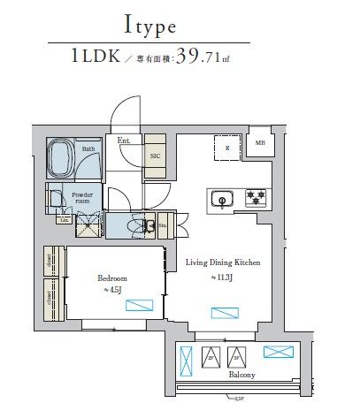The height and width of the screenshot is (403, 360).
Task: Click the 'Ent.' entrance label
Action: coord(123,140)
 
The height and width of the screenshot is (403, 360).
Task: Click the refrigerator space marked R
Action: coord(227,148)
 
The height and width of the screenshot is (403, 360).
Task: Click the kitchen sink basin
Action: coord(222,200)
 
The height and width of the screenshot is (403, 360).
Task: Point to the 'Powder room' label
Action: coord(74,197)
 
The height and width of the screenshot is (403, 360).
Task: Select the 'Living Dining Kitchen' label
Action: coord(222,262)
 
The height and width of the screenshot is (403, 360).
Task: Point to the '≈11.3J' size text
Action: coord(221,278)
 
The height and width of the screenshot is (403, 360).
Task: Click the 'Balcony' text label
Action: coord(241,375)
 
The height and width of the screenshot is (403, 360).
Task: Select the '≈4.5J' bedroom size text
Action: coord(112,290)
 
